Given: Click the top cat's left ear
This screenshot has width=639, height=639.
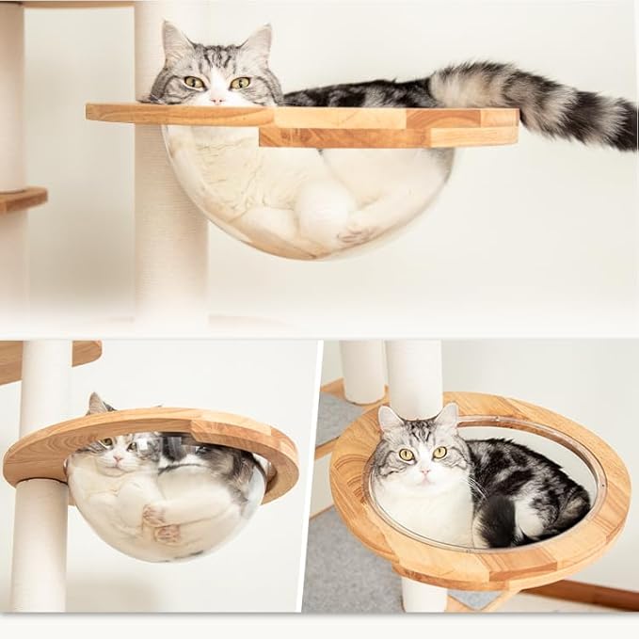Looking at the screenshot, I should [175, 41].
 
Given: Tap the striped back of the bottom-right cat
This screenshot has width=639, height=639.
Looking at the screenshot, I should [527, 480].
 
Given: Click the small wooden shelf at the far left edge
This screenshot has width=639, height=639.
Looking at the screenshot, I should [21, 199].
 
